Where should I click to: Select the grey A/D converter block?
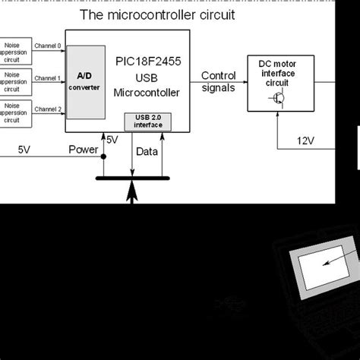(x=85, y=81)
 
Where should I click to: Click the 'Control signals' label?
(x=218, y=81)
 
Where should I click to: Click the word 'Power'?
(x=84, y=150)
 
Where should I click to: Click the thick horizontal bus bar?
(x=131, y=178)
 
